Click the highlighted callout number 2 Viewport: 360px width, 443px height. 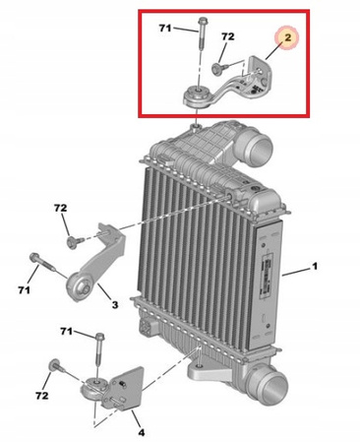[287, 37]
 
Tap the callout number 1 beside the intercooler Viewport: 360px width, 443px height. [315, 266]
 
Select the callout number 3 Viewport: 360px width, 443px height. [115, 305]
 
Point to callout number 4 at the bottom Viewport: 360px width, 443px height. [141, 432]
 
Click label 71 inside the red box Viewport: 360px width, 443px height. [165, 29]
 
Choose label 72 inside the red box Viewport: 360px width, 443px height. [227, 36]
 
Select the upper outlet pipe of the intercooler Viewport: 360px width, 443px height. [259, 145]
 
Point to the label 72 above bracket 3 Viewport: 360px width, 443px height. [61, 208]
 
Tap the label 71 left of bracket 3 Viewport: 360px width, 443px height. [24, 290]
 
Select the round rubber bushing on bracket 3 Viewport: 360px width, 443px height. [80, 286]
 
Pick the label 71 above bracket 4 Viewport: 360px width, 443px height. [66, 332]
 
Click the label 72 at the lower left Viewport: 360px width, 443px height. [42, 396]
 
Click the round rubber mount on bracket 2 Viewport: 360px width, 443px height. [196, 95]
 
